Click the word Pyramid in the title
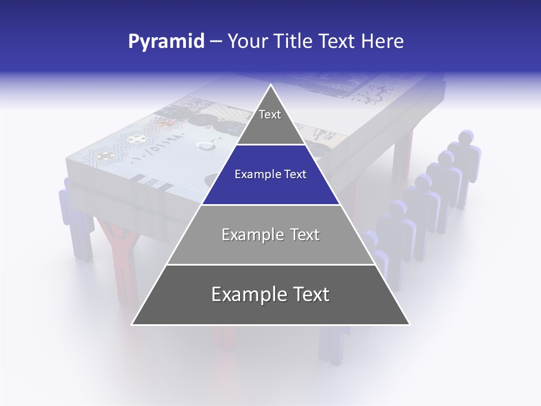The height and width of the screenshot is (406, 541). click(x=166, y=41)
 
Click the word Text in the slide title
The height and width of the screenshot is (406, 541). click(x=339, y=41)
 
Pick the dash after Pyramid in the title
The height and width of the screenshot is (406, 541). click(x=215, y=42)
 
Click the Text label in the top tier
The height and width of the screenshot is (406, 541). click(x=270, y=114)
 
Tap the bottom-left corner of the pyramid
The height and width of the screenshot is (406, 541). click(x=132, y=325)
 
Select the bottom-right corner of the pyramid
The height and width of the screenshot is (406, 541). click(x=410, y=325)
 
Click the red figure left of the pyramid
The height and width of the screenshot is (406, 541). click(x=119, y=254)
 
